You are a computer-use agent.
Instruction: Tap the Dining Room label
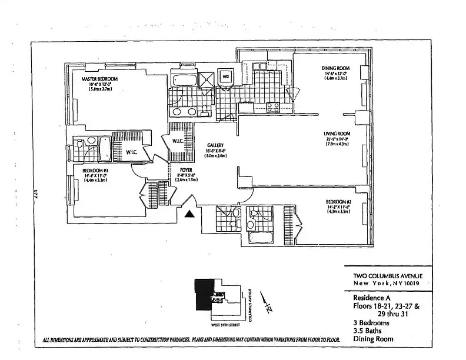point(335,69)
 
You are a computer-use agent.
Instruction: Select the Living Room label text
point(337,134)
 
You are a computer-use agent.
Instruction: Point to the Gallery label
point(216,145)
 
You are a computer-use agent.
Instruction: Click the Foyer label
point(186,170)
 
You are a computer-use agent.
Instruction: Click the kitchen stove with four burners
point(273,106)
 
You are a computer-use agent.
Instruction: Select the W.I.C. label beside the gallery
point(178,140)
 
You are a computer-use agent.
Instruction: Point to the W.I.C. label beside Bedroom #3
point(132,152)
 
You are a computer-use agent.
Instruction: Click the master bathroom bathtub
point(179,79)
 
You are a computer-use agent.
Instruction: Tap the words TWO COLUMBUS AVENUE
point(384,276)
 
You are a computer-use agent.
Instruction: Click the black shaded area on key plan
point(203,297)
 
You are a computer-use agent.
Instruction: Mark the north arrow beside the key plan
point(266,306)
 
